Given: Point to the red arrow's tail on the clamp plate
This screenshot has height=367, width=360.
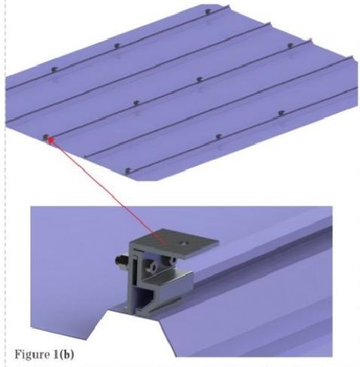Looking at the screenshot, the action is coord(165,243).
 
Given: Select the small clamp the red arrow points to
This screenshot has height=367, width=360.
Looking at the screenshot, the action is coord(45,137).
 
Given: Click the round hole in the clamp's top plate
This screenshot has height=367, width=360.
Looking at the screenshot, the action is coord(185,243).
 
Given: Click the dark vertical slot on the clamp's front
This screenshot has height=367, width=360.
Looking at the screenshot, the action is coord(135,270).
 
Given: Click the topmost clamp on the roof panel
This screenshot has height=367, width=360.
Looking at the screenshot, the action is coord(207,11).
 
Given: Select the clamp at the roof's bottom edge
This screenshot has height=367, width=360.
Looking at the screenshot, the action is coord(128,171).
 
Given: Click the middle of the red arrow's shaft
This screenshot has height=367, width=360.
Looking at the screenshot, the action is coord(108,191).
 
